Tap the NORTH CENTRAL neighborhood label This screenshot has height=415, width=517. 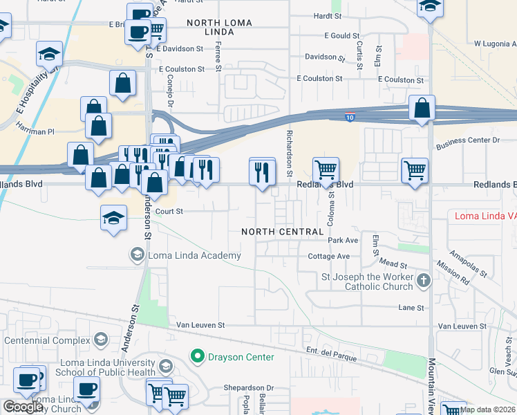(283, 232)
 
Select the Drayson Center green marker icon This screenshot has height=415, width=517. (198, 357)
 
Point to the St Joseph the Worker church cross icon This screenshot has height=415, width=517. (424, 281)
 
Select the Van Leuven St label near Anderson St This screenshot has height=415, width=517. (201, 324)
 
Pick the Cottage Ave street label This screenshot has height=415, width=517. (329, 256)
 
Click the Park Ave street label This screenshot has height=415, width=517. (343, 240)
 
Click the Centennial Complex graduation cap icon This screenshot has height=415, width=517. (100, 339)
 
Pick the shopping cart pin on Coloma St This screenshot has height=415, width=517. (326, 169)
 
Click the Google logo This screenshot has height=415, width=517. (23, 407)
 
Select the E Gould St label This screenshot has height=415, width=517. (341, 35)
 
